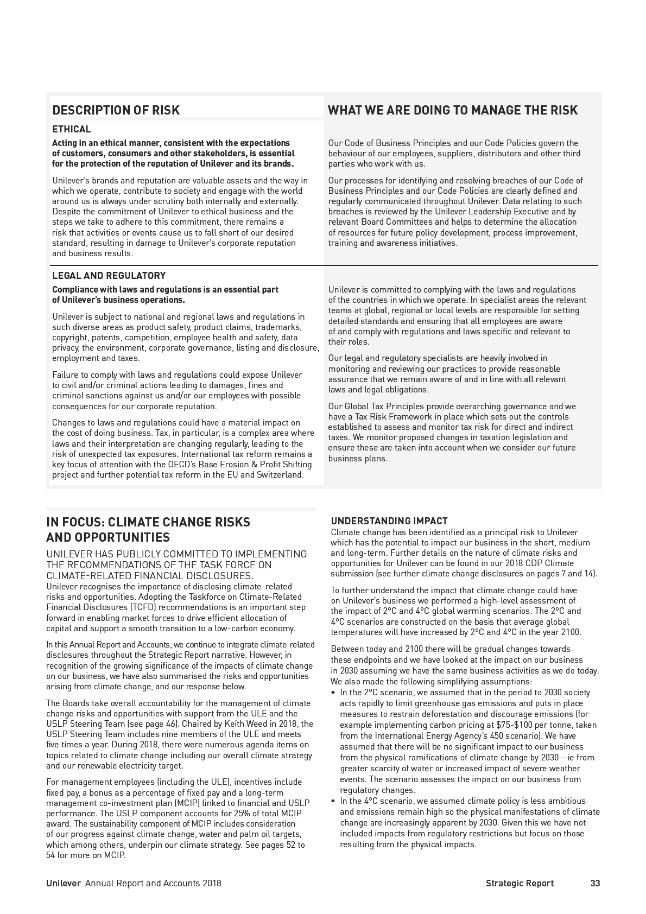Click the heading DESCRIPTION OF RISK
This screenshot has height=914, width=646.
click(116, 110)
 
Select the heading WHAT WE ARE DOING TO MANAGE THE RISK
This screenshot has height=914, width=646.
click(453, 110)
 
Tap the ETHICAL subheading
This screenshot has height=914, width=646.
click(71, 129)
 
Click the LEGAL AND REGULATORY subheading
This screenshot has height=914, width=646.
click(109, 276)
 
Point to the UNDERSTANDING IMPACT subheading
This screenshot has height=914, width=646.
click(389, 521)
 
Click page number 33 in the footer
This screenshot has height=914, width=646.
click(595, 883)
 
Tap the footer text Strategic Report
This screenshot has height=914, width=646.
click(520, 883)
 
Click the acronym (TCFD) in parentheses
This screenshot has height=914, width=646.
click(143, 607)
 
